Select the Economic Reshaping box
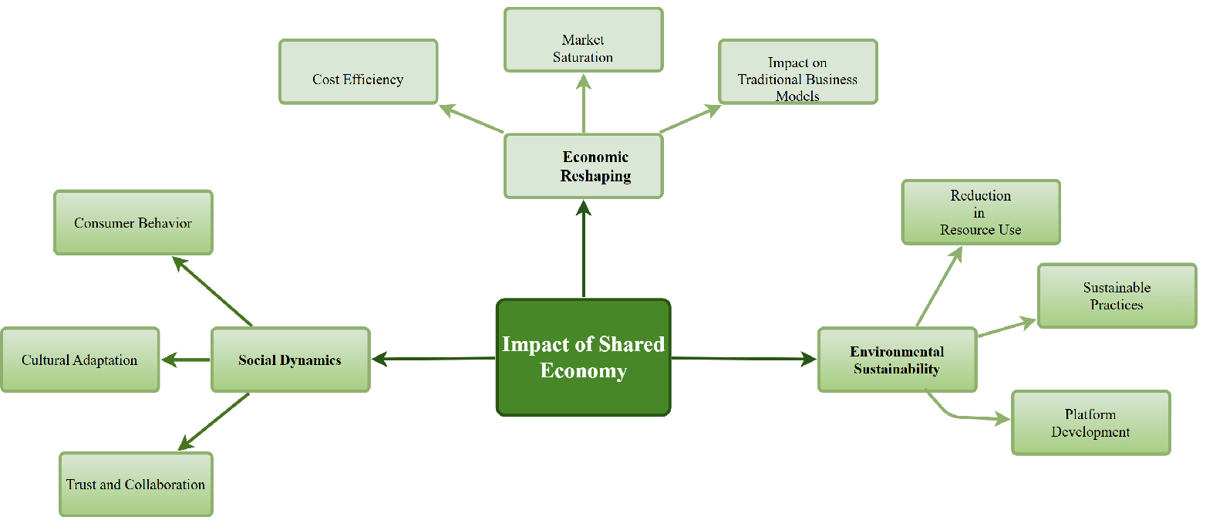coord(583,166)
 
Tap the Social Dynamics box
coord(290,360)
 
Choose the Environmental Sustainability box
coord(897,360)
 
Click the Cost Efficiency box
coord(358,72)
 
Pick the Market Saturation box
coord(583,40)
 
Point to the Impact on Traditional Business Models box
coord(797,72)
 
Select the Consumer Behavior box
coord(133,222)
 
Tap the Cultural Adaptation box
coord(79,360)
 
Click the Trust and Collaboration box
coord(136,484)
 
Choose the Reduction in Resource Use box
coord(981,212)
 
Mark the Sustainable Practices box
coord(1117,296)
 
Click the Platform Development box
coord(1090,423)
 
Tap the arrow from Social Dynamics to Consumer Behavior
coord(213,292)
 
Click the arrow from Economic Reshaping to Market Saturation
coord(584,103)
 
